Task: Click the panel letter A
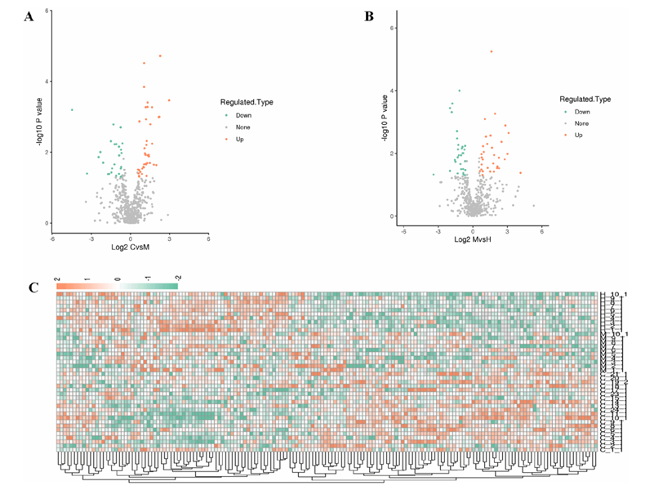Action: (x=30, y=18)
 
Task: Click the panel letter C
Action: (x=33, y=287)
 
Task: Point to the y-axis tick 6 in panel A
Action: (x=47, y=11)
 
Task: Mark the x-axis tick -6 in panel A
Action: (x=52, y=238)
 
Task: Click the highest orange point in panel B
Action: (x=492, y=51)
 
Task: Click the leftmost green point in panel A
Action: (x=72, y=109)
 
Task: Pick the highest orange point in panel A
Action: (x=160, y=56)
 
